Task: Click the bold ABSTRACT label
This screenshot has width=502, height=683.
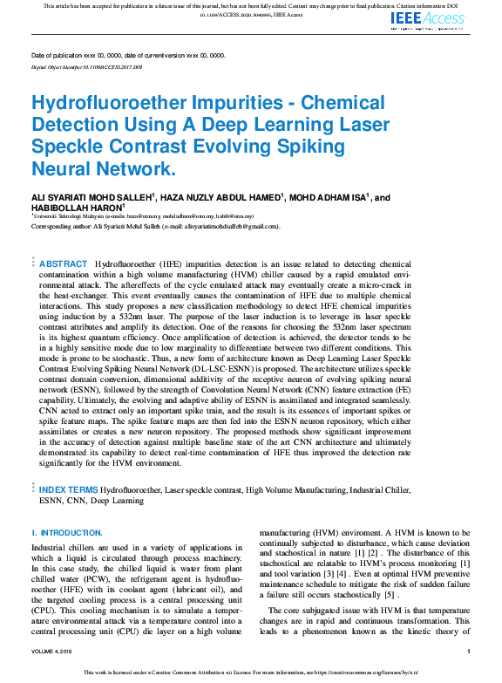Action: pyautogui.click(x=64, y=263)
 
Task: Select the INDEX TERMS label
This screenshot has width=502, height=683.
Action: pyautogui.click(x=69, y=492)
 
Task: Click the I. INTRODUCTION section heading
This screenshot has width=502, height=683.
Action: pyautogui.click(x=67, y=532)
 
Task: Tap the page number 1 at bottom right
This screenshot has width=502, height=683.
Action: pyautogui.click(x=469, y=652)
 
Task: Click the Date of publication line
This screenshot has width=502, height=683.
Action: pyautogui.click(x=127, y=55)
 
